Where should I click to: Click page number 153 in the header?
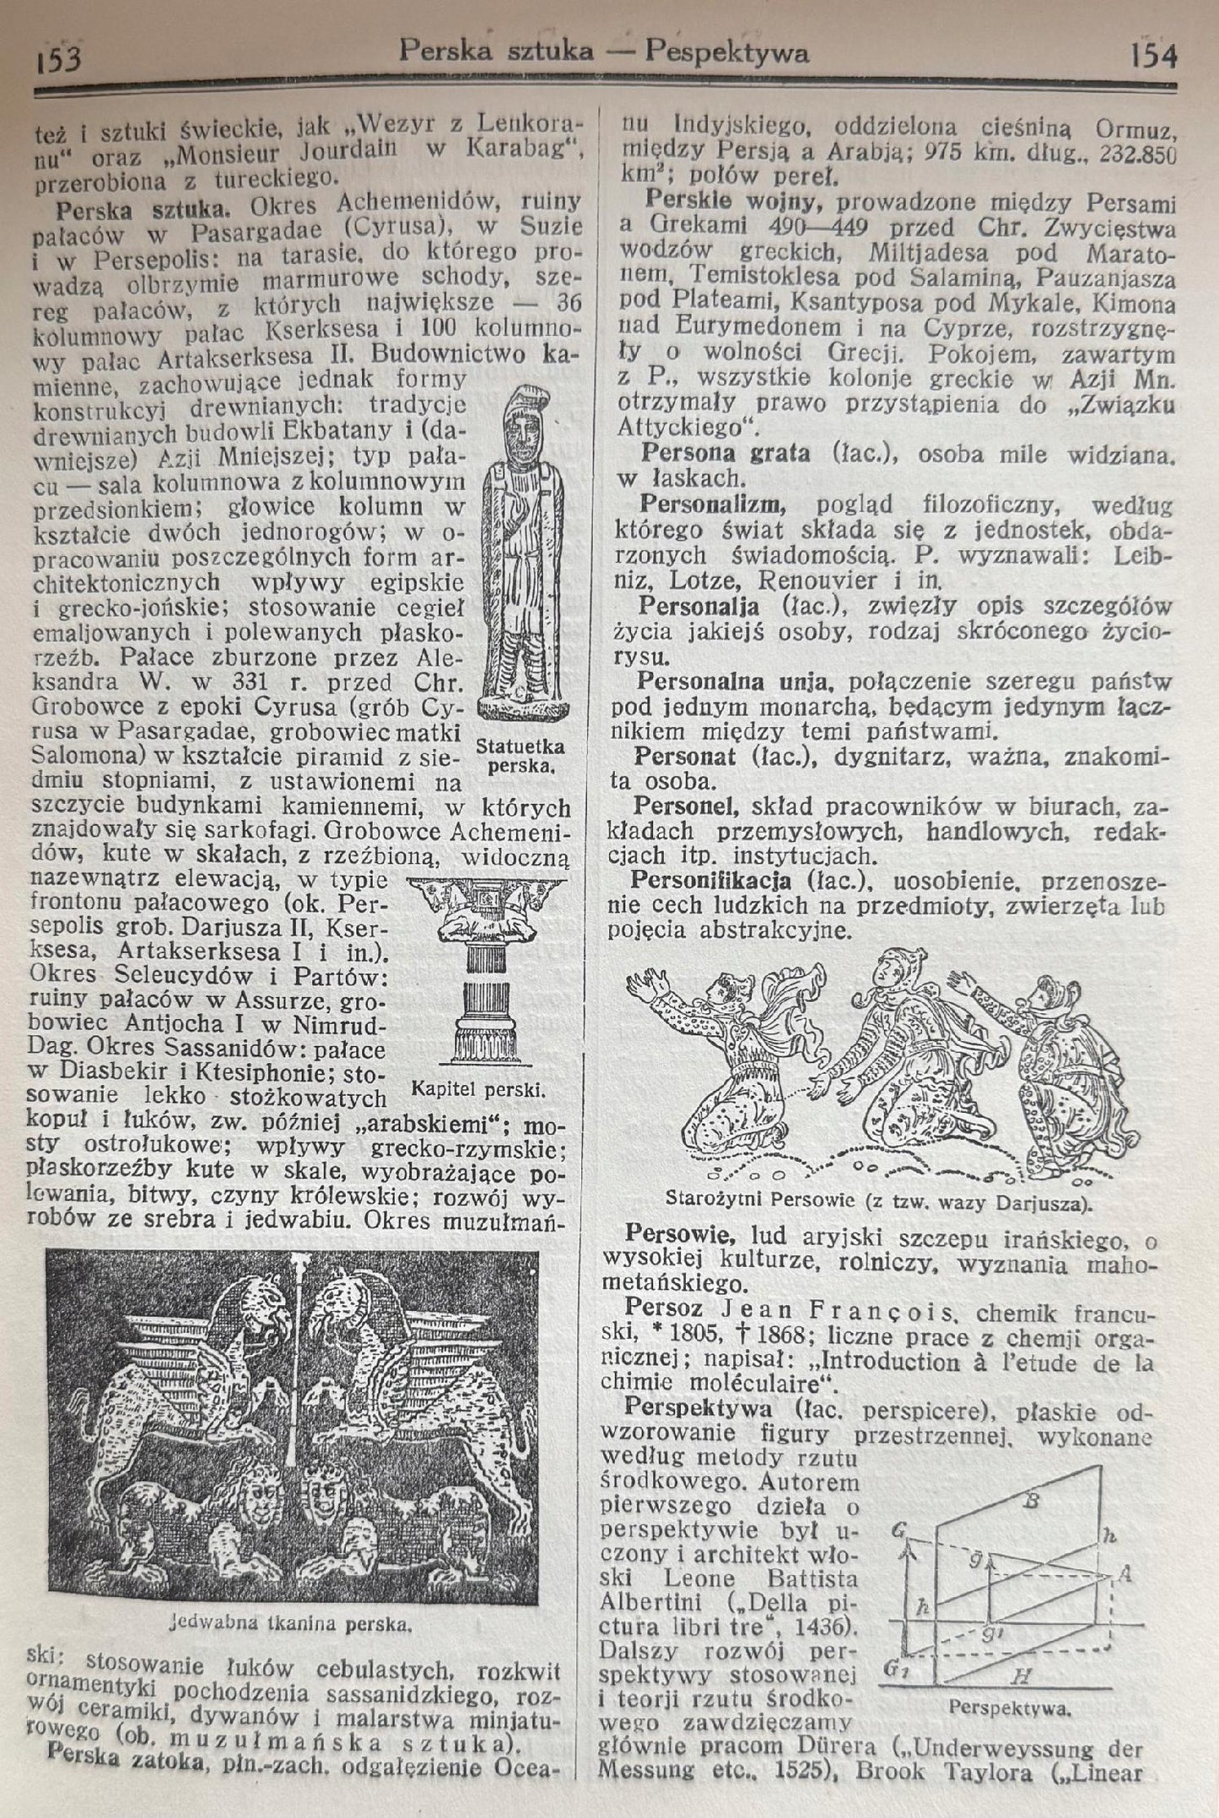coord(58,59)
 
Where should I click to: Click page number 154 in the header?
coord(1153,56)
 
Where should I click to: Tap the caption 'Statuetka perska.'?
coord(520,756)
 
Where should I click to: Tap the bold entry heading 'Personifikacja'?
coord(710,881)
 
